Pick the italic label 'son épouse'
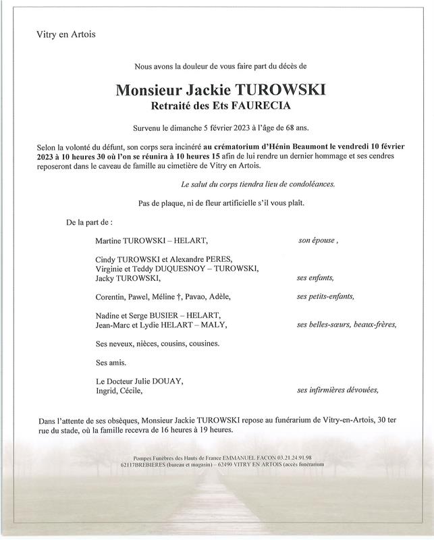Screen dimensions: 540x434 click(x=317, y=240)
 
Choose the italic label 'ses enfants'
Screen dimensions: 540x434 click(x=315, y=277)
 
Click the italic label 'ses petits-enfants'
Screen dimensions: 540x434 click(x=325, y=296)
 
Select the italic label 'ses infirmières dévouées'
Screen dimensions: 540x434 click(x=337, y=389)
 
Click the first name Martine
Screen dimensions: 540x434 click(x=111, y=240)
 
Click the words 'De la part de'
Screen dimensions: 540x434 click(x=88, y=221)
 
